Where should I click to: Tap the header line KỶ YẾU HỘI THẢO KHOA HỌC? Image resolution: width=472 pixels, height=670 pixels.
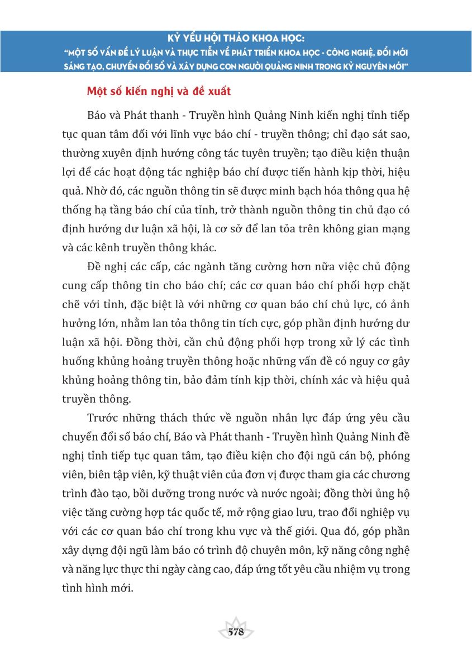point(236,40)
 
